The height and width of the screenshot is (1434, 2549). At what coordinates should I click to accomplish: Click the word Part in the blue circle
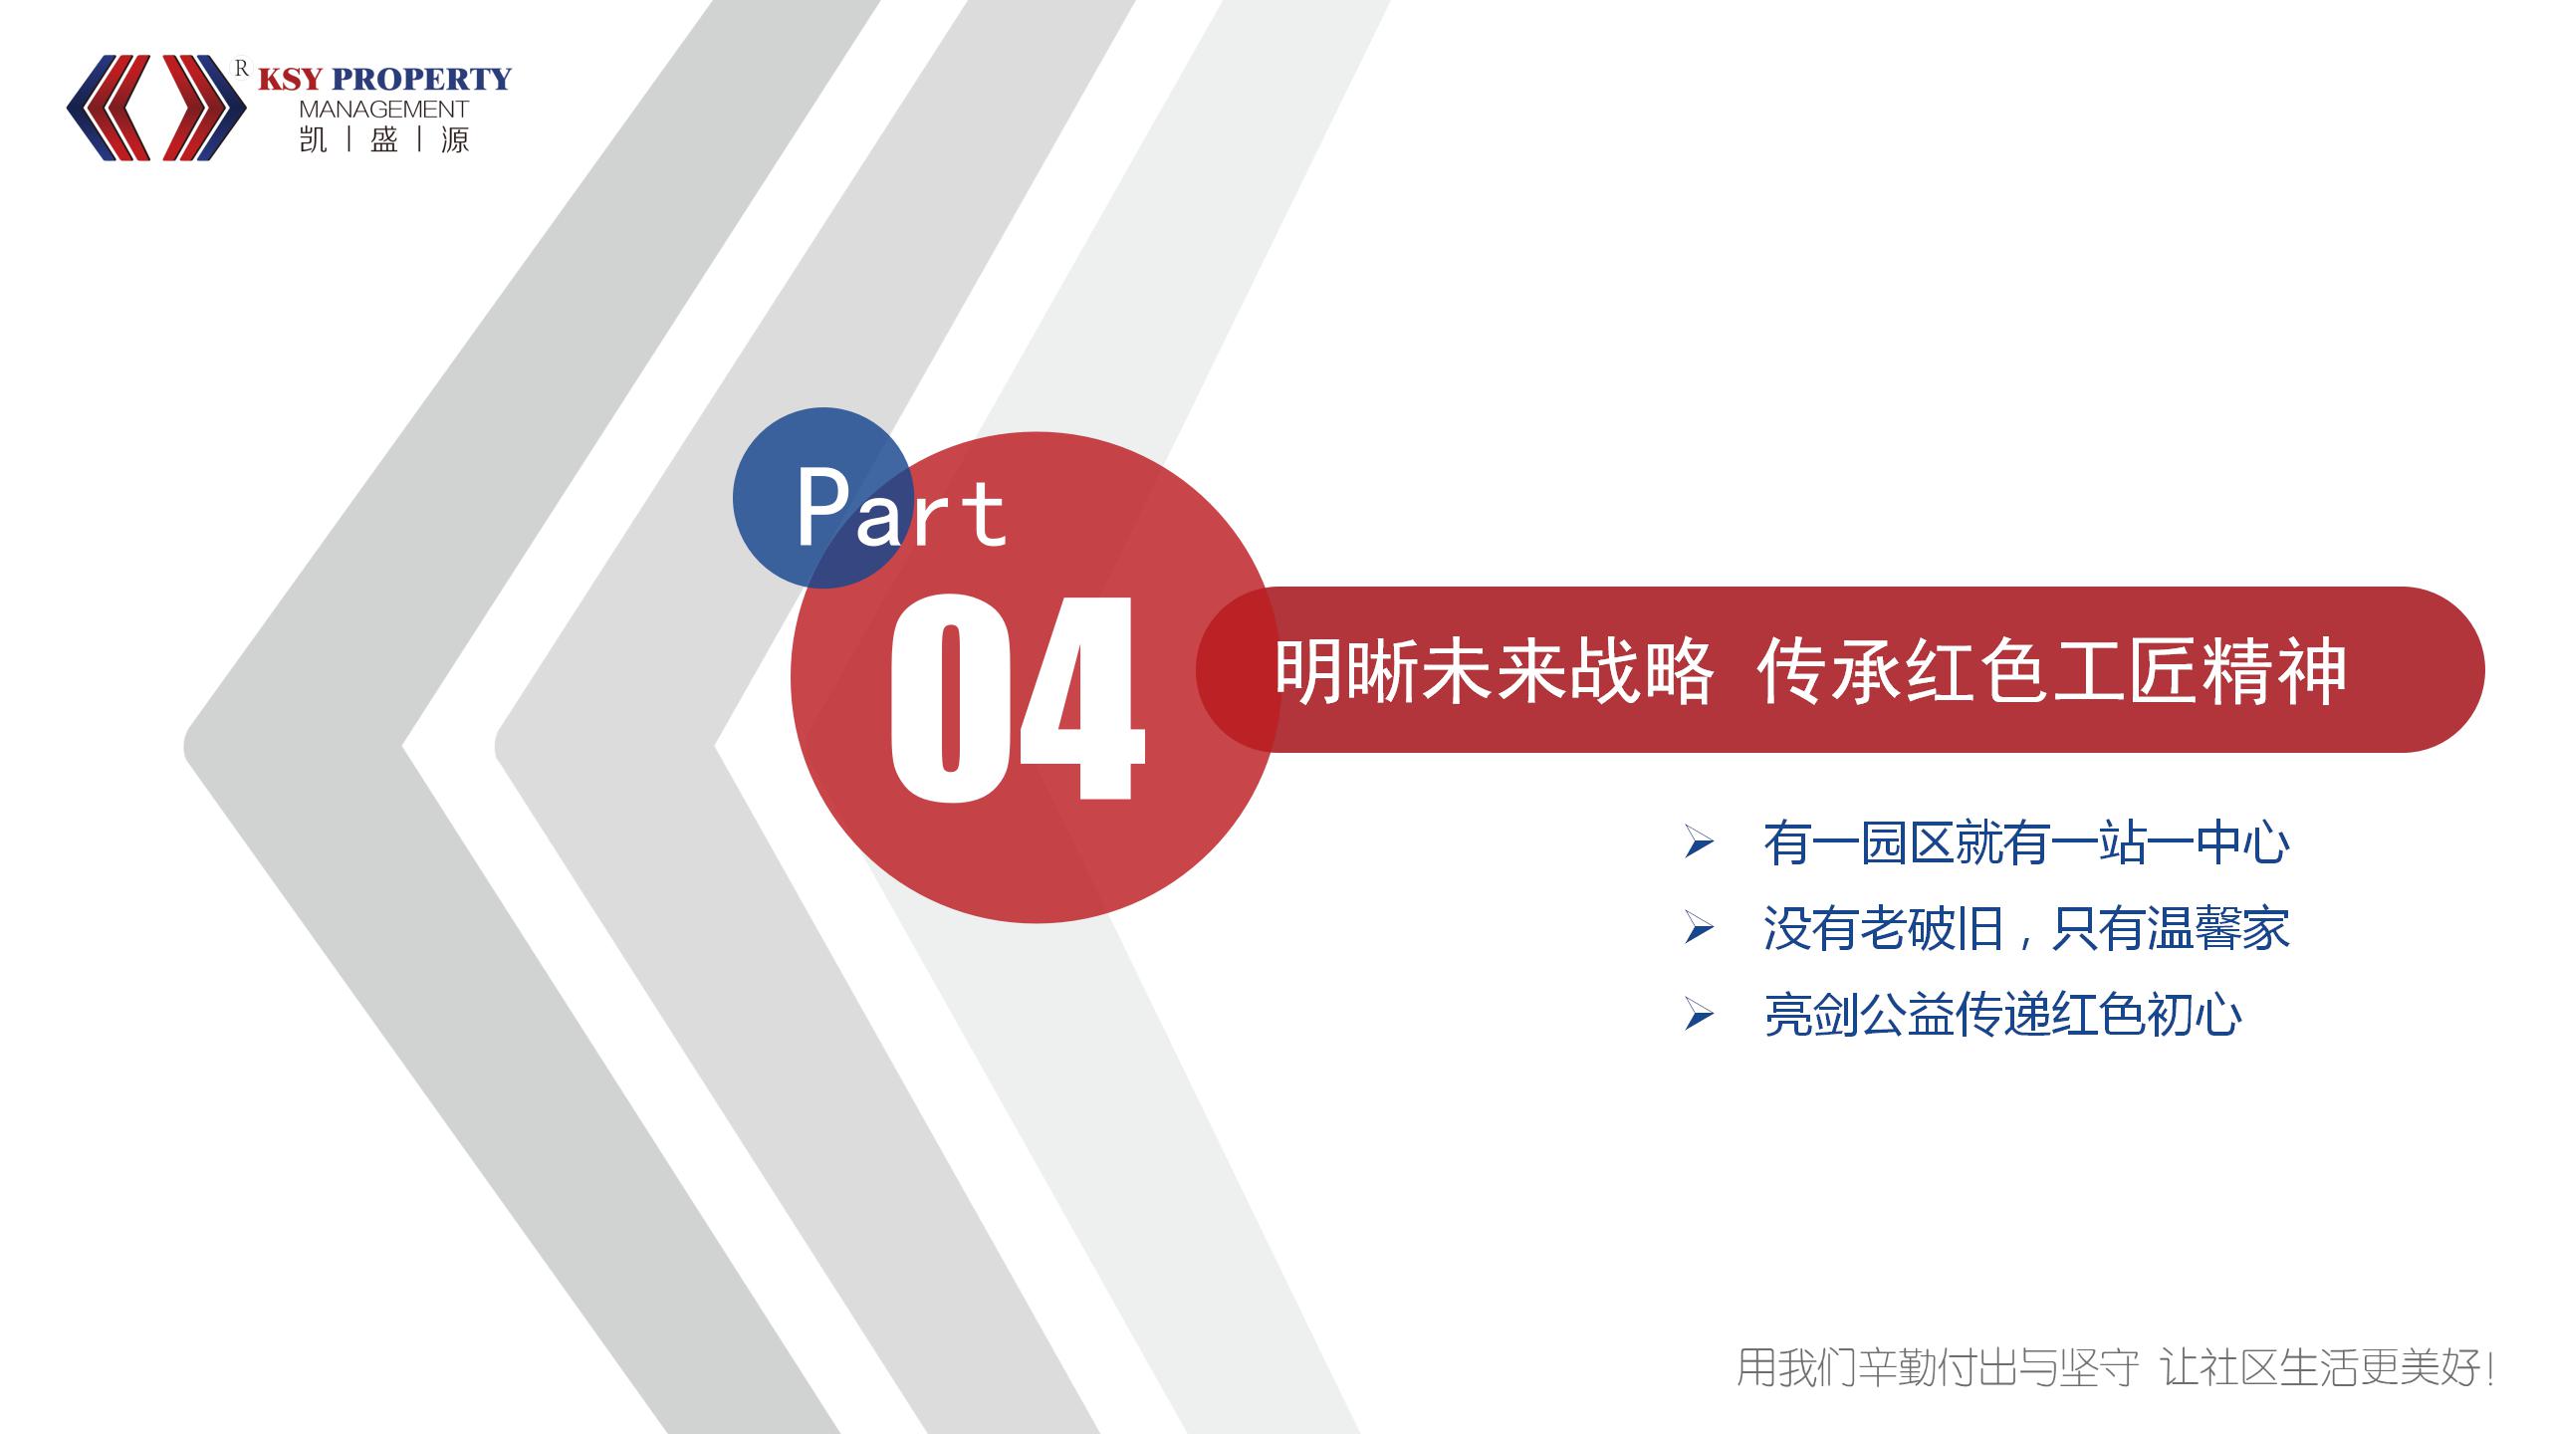[901, 508]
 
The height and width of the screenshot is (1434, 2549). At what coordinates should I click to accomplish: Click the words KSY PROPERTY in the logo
[384, 79]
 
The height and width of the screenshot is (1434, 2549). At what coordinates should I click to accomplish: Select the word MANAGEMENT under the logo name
[383, 110]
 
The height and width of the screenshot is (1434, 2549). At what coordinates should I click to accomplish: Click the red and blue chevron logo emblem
[156, 108]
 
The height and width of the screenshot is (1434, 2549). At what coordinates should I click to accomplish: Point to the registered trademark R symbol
[240, 68]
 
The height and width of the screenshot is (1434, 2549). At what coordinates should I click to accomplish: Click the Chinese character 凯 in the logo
[313, 139]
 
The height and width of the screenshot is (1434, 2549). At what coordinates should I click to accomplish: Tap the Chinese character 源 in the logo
[455, 139]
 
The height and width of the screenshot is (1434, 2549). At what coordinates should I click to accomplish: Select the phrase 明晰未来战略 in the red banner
[1494, 672]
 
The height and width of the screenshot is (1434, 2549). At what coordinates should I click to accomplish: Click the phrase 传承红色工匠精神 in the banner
[2051, 672]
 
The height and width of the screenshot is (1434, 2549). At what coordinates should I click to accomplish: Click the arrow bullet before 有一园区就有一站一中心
[1699, 842]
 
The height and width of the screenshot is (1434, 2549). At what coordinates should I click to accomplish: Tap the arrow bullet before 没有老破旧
[1699, 929]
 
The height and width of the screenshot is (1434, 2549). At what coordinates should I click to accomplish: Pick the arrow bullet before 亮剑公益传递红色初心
[1699, 1015]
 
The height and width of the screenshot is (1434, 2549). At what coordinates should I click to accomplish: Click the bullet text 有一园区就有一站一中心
[2026, 842]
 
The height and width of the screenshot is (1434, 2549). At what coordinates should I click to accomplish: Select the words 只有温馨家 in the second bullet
[2170, 929]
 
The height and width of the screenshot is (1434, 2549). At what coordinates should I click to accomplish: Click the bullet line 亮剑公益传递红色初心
[2002, 1015]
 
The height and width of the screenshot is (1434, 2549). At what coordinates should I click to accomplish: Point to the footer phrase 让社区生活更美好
[2330, 1367]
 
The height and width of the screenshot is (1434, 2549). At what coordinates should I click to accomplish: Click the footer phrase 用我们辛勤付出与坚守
[1938, 1367]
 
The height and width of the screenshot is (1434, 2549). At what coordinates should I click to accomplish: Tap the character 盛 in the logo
[384, 139]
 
